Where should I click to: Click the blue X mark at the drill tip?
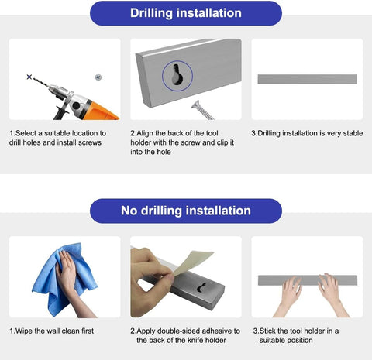[x=29, y=77]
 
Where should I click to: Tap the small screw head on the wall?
[x=98, y=77]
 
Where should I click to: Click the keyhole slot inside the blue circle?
[x=177, y=74]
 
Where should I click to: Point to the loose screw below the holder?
[x=202, y=110]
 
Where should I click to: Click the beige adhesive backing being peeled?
[x=192, y=262]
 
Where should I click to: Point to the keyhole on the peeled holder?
[x=201, y=287]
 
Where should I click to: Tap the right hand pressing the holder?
[x=332, y=294]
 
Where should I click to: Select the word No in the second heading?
[x=129, y=211]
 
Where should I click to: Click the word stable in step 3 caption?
[x=353, y=133]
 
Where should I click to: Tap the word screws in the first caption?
[x=90, y=142]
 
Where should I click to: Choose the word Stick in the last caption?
[x=267, y=331]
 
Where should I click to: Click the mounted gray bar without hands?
[x=308, y=79]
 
